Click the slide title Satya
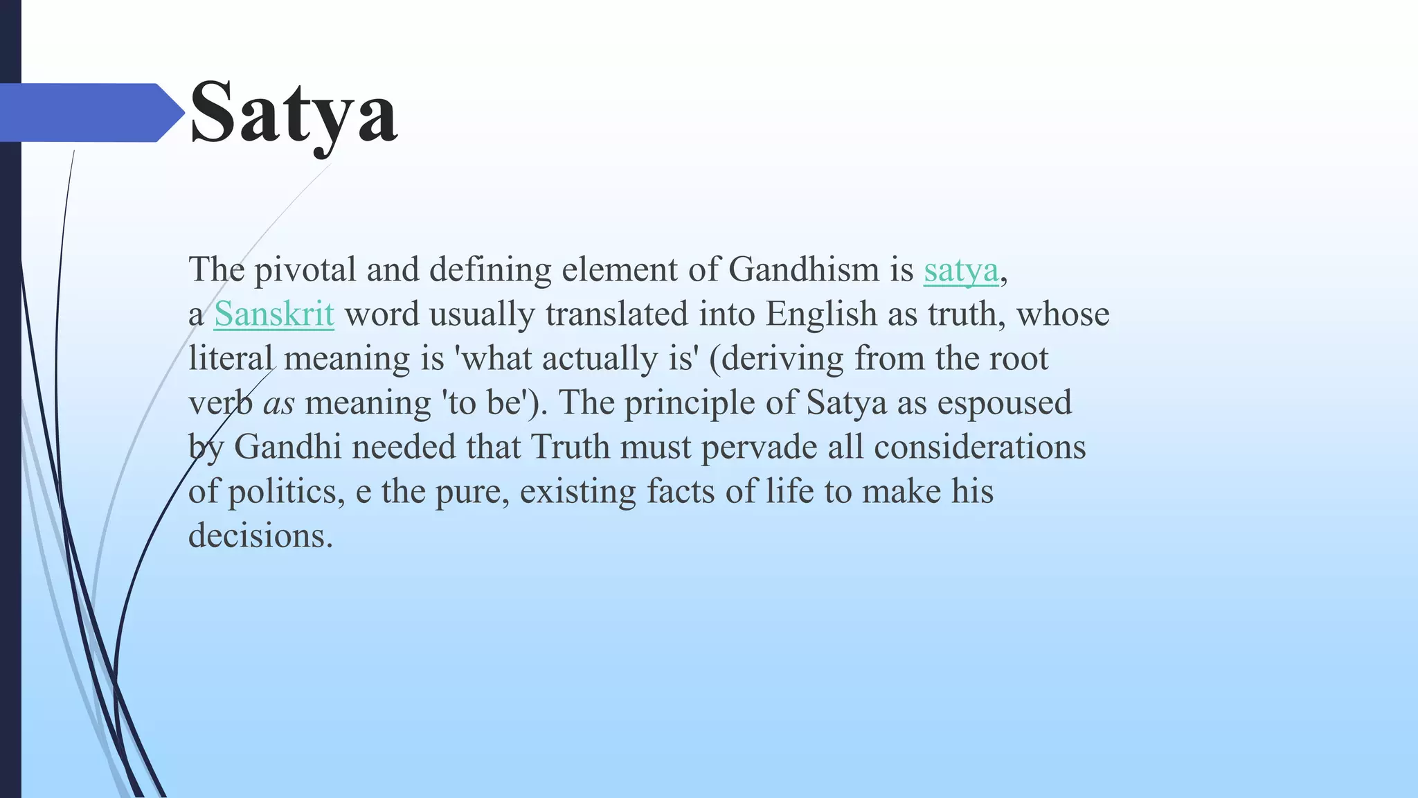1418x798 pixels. (293, 113)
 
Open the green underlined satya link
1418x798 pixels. (961, 269)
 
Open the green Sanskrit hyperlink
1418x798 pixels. (274, 314)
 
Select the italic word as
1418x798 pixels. (278, 403)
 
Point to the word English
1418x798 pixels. (821, 314)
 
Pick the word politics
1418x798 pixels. (286, 492)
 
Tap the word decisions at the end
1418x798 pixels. (260, 535)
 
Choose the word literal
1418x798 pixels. (231, 358)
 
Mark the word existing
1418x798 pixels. (577, 492)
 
